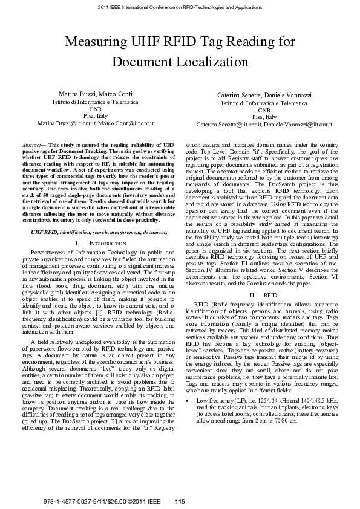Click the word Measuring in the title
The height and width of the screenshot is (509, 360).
[100, 42]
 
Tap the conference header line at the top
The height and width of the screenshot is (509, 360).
[180, 8]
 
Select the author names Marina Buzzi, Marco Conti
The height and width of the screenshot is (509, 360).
[97, 96]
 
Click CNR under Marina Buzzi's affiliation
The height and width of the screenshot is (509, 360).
[97, 109]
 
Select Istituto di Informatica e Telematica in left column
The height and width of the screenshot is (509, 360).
[97, 103]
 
